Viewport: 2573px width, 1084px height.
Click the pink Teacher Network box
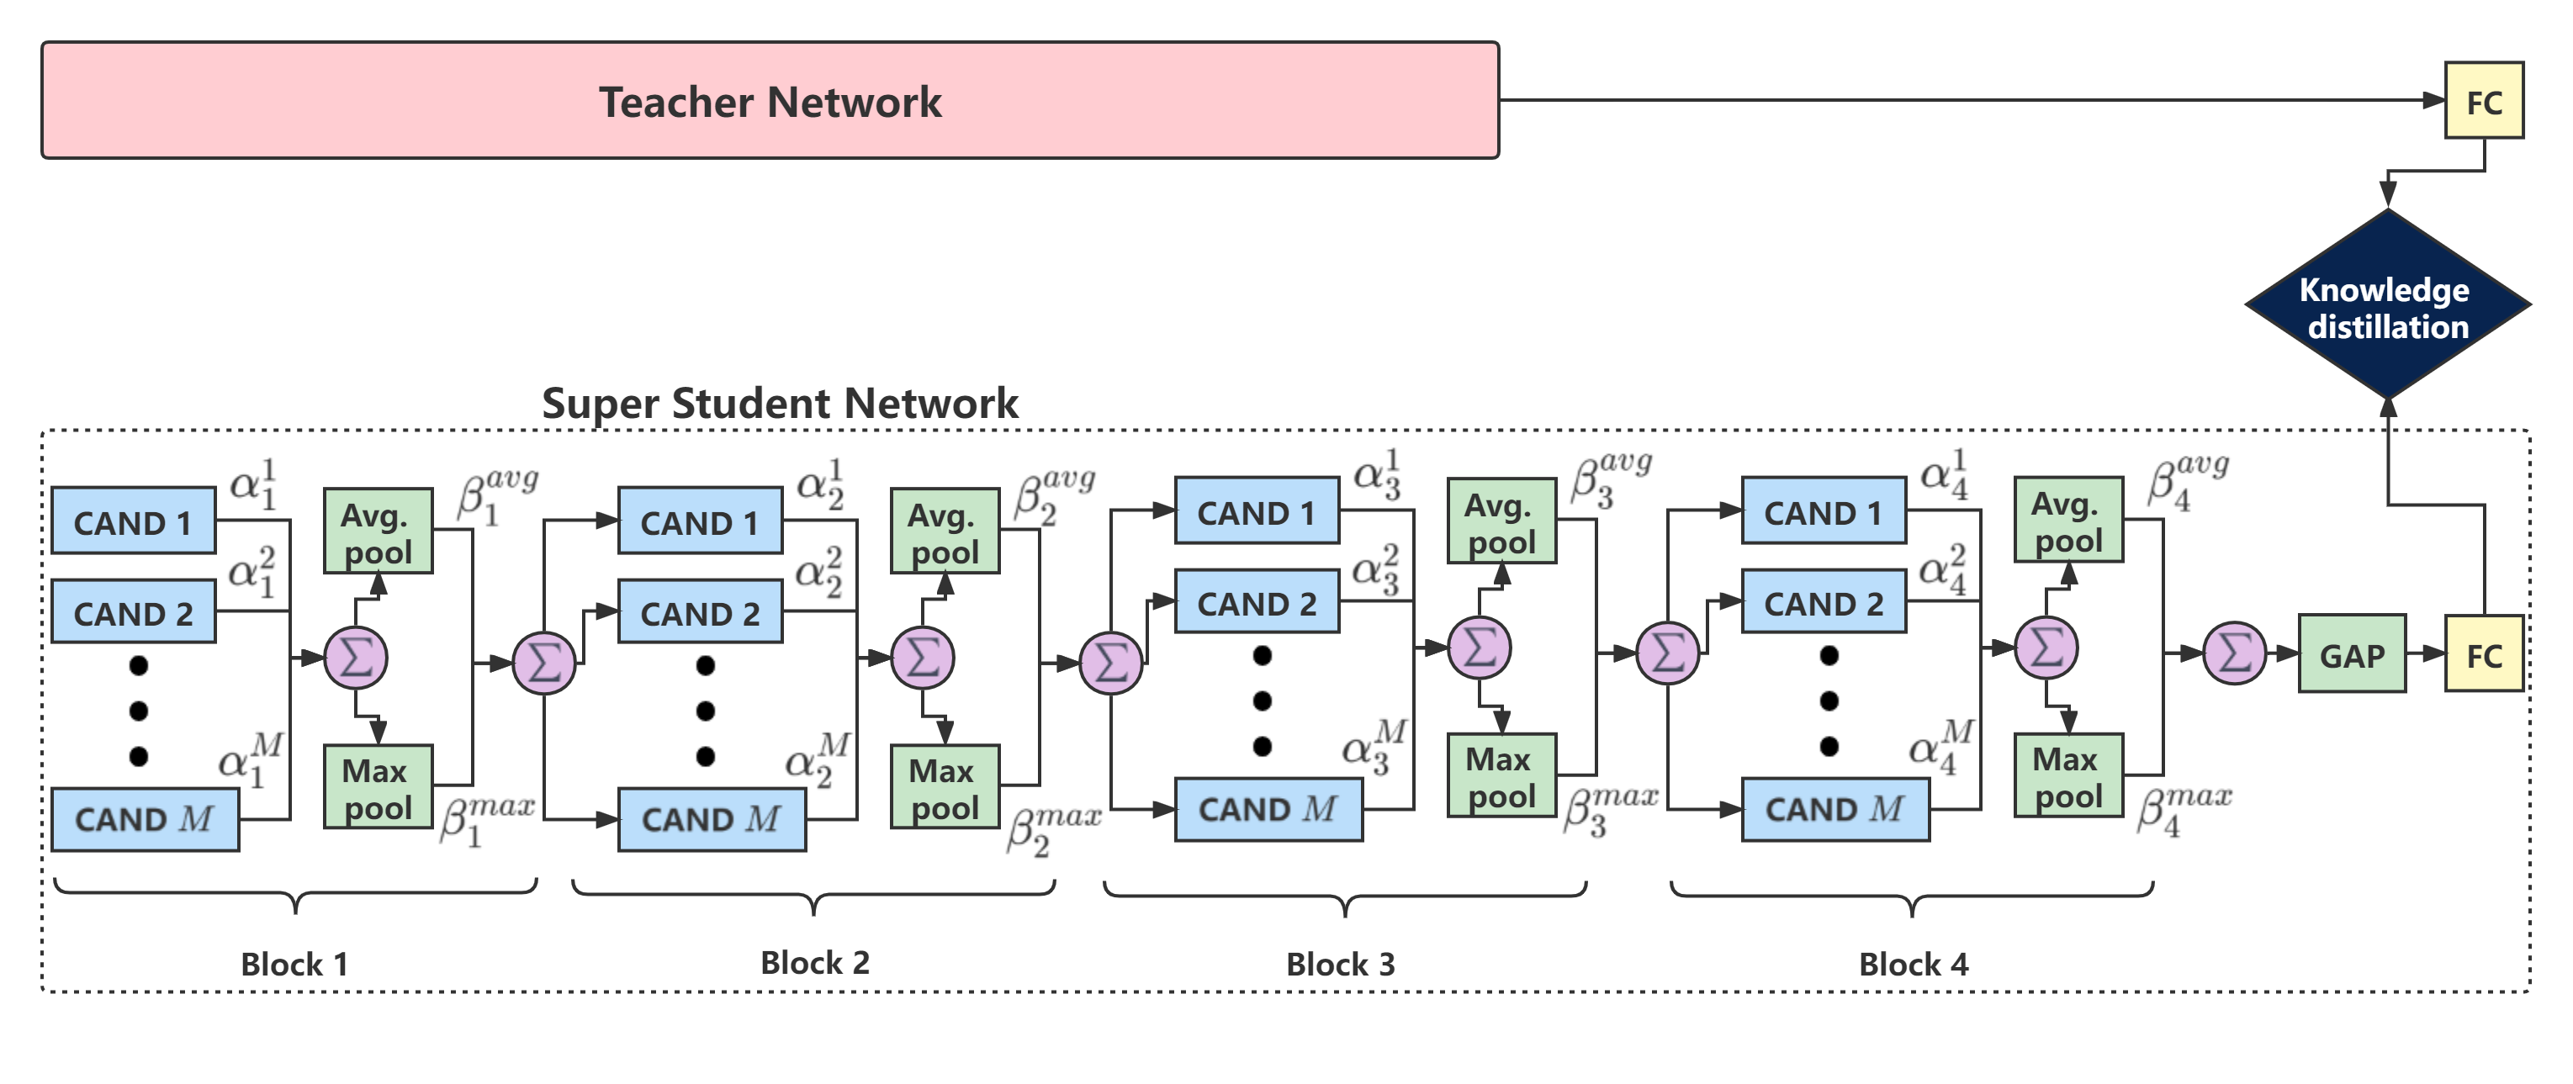tap(769, 100)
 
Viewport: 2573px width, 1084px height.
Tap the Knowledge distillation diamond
tap(2387, 304)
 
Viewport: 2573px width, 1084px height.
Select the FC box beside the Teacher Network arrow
tap(2484, 101)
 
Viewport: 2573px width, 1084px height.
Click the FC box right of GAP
tap(2484, 655)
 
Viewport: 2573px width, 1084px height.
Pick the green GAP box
tap(2353, 655)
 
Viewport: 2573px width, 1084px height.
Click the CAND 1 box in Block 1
tap(133, 521)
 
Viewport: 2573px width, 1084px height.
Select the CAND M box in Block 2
tap(712, 819)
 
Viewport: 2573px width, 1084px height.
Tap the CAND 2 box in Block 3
tap(1257, 602)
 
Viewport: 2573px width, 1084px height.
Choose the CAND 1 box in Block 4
tap(1823, 511)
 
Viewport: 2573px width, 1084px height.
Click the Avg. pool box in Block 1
tap(378, 531)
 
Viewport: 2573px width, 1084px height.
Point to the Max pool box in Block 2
tap(944, 787)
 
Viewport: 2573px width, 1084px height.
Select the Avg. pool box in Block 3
tap(1501, 521)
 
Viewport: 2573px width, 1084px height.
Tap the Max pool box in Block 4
tap(2067, 776)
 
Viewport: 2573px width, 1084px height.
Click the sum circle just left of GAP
tap(2234, 653)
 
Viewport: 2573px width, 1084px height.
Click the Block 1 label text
tap(294, 964)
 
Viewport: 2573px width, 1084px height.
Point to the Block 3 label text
tap(1341, 964)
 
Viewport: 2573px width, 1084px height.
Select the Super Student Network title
tap(779, 404)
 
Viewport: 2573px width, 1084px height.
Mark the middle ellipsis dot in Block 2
tap(705, 711)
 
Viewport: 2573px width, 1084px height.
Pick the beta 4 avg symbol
tap(2188, 482)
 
